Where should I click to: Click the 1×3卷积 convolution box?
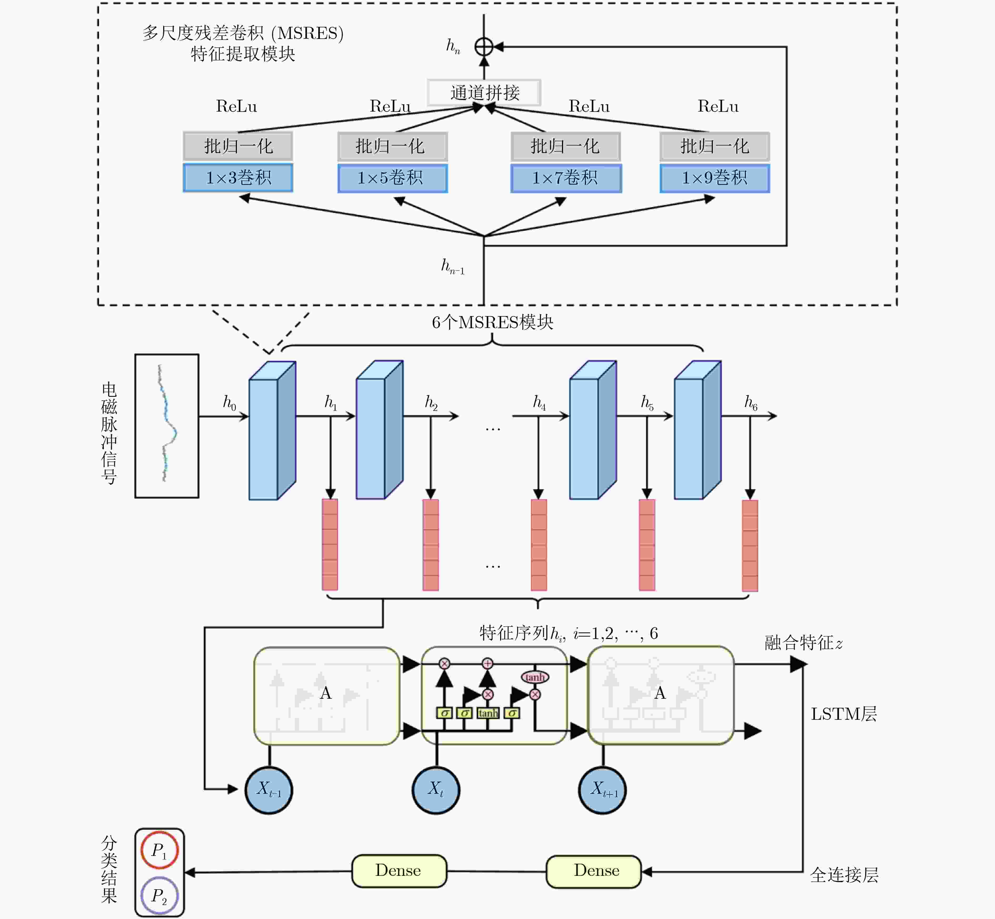click(x=238, y=178)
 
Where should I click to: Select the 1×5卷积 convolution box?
click(x=392, y=178)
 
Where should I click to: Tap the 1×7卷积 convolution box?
click(x=566, y=178)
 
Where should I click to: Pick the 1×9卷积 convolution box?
click(x=715, y=178)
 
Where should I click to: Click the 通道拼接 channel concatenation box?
click(x=484, y=92)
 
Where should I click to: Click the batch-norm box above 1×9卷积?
click(x=715, y=146)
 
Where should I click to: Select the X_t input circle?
click(x=436, y=790)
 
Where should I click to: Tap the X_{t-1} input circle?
click(x=269, y=790)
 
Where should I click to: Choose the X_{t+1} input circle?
click(x=603, y=790)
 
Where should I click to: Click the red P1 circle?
click(x=159, y=850)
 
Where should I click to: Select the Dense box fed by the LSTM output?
click(x=594, y=871)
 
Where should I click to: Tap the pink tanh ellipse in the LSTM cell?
click(x=535, y=677)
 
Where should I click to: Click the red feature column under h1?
click(x=330, y=545)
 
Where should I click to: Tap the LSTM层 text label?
click(x=844, y=714)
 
